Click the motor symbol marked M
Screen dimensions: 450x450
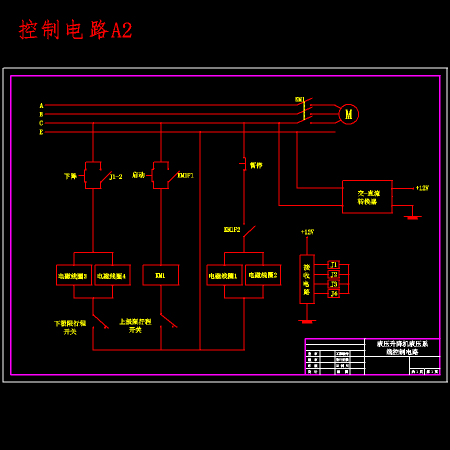[348, 114]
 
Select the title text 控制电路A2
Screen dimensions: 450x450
[75, 30]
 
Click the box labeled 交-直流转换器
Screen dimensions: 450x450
[367, 197]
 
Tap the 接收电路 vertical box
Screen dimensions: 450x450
[307, 279]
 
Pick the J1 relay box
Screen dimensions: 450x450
[333, 264]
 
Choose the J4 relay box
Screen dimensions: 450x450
[333, 293]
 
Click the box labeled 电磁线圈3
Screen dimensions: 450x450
[73, 275]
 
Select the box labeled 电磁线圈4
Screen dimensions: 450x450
[112, 275]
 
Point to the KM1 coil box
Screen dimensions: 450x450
[160, 275]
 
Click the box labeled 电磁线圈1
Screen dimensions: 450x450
[224, 275]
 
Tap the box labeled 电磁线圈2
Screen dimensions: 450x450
[263, 275]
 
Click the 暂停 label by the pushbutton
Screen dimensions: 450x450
[256, 165]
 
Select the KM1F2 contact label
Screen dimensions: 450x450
[232, 229]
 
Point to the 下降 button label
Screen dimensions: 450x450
[70, 176]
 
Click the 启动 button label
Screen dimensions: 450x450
[138, 175]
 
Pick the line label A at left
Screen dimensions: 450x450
[41, 105]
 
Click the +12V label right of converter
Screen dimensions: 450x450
[422, 188]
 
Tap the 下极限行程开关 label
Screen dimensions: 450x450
[70, 327]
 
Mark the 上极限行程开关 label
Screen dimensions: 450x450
[135, 325]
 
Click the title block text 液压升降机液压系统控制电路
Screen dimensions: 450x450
[402, 347]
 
